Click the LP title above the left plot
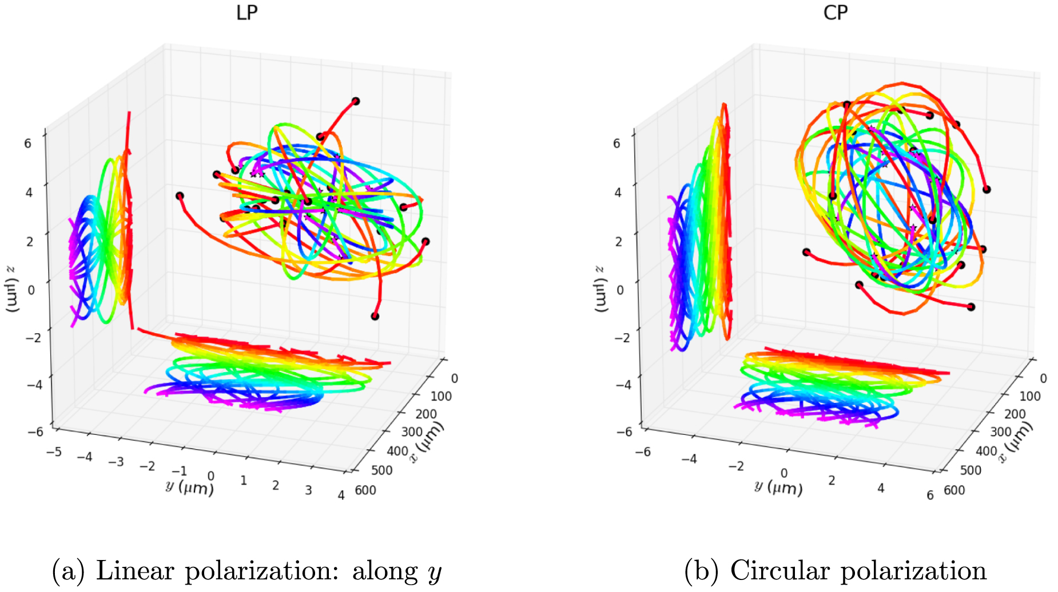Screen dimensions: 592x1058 [x=246, y=13]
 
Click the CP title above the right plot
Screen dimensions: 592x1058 [x=835, y=13]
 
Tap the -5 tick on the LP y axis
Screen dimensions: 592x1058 [x=54, y=452]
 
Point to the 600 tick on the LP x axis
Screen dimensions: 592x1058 [x=365, y=490]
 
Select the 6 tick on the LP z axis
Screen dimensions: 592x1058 [x=27, y=143]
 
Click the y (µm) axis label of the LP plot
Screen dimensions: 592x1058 [x=189, y=487]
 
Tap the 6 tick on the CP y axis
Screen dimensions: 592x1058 [x=930, y=495]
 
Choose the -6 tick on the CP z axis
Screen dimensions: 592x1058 [x=624, y=432]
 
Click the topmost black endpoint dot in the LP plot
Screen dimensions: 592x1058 [x=356, y=101]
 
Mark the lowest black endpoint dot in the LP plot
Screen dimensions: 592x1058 [x=375, y=316]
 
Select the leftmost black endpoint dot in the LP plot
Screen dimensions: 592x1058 [x=180, y=196]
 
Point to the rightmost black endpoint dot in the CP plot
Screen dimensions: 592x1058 [x=987, y=189]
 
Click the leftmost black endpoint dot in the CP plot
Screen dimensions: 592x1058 [x=806, y=252]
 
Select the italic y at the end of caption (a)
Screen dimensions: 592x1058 [x=435, y=573]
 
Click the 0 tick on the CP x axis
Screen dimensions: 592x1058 [x=1043, y=378]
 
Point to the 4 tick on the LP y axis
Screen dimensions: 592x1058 [x=341, y=495]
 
